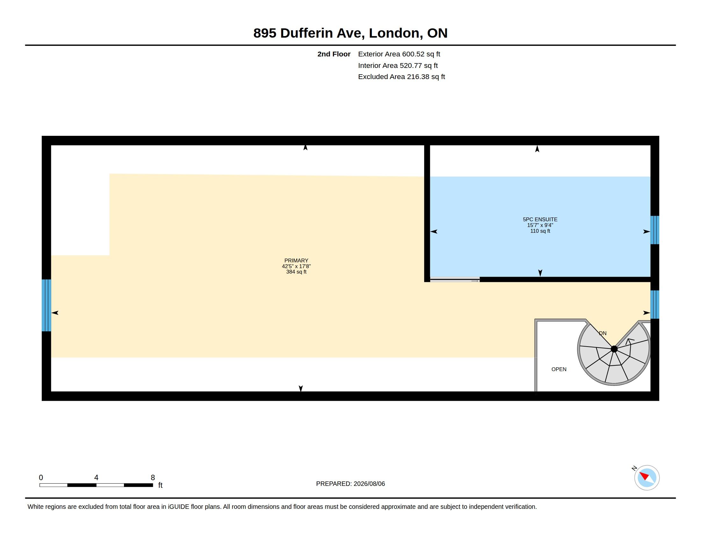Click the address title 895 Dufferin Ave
point(309,33)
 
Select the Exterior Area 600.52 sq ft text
point(399,54)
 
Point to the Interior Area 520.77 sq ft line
point(398,65)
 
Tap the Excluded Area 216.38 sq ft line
point(401,77)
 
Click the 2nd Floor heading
point(334,54)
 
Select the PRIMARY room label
point(296,260)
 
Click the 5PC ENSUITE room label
point(540,219)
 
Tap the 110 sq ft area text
point(540,231)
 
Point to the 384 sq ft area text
point(296,272)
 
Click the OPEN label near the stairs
point(559,369)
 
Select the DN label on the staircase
point(603,333)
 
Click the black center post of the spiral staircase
point(614,349)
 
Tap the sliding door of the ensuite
point(455,280)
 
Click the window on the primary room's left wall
point(47,305)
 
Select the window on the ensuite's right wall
point(655,230)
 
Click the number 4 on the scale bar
point(96,478)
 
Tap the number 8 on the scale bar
point(153,478)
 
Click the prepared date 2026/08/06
point(369,484)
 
